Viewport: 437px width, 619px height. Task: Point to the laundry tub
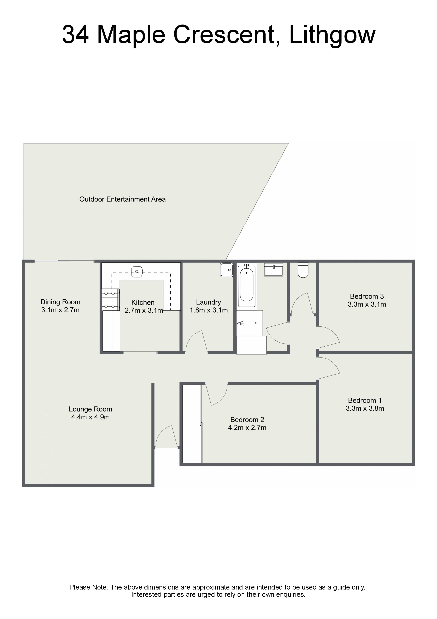(x=227, y=270)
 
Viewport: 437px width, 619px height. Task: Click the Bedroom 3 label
(x=367, y=296)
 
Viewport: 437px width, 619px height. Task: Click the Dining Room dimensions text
(x=60, y=310)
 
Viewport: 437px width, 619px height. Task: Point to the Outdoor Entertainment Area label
(x=122, y=199)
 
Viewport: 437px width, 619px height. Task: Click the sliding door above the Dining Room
(x=64, y=261)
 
